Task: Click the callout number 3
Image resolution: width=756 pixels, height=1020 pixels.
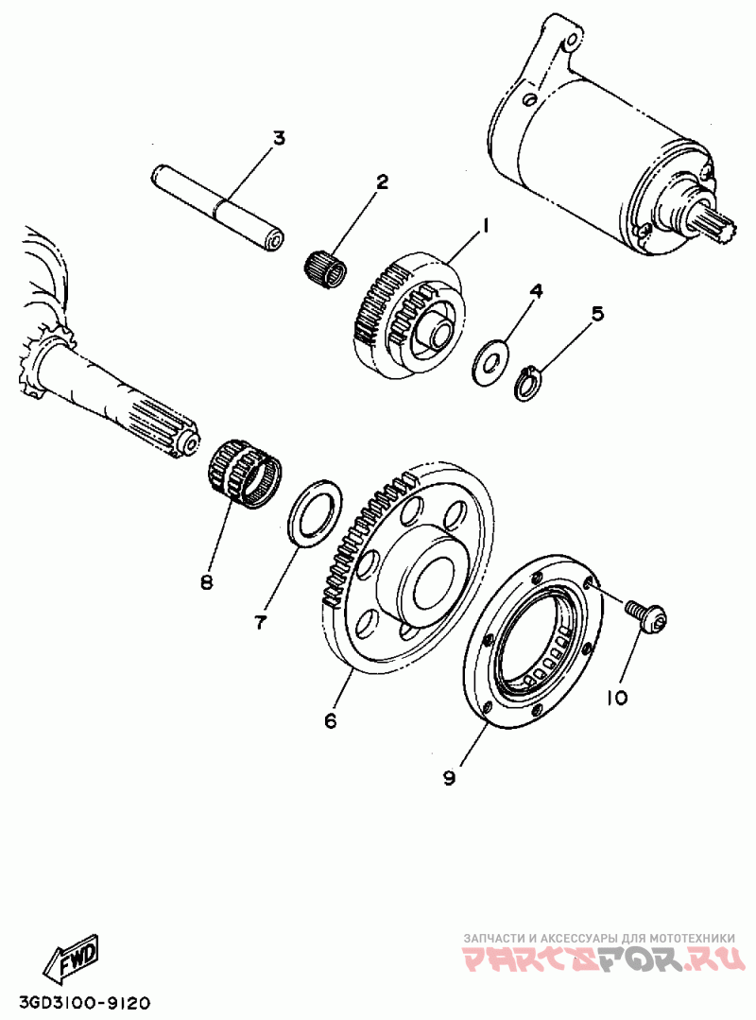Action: [278, 139]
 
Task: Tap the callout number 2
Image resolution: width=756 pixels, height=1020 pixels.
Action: [383, 182]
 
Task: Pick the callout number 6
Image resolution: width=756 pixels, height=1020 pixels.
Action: [331, 721]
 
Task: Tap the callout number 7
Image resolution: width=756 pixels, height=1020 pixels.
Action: [260, 621]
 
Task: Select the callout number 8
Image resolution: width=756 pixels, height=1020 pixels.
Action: [206, 582]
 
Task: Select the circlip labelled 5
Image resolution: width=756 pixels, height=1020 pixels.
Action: [528, 384]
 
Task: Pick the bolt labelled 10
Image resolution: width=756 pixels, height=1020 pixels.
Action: [646, 616]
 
